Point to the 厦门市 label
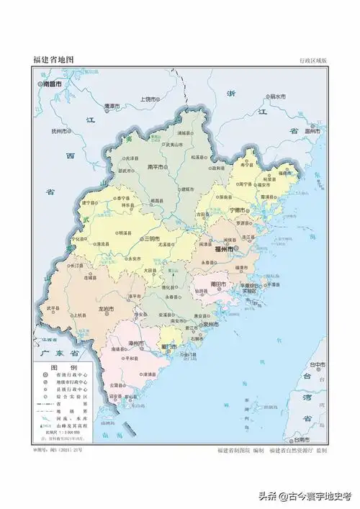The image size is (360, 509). point(170,347)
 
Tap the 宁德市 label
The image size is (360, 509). point(238,210)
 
